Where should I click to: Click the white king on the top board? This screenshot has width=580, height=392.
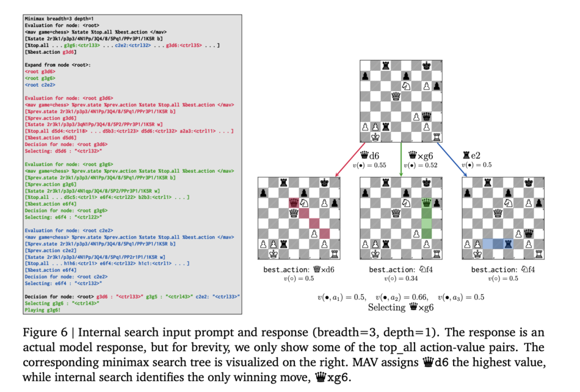pyautogui.click(x=375, y=137)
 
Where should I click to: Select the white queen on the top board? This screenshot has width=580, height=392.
pyautogui.click(x=396, y=95)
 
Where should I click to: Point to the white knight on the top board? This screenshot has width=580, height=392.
pyautogui.click(x=406, y=85)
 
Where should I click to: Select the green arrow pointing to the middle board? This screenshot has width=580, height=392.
pyautogui.click(x=401, y=159)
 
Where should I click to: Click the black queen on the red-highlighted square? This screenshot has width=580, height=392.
pyautogui.click(x=294, y=202)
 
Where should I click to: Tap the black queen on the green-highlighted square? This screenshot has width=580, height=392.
pyautogui.click(x=427, y=202)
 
